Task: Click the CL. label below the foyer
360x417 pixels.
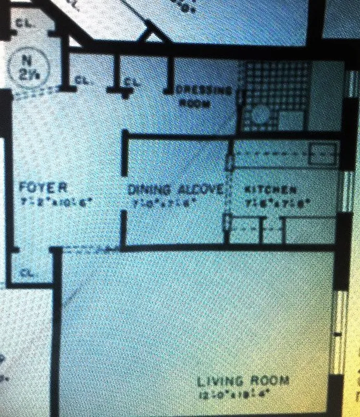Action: click(x=28, y=272)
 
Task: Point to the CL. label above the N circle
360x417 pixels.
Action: click(x=21, y=23)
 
